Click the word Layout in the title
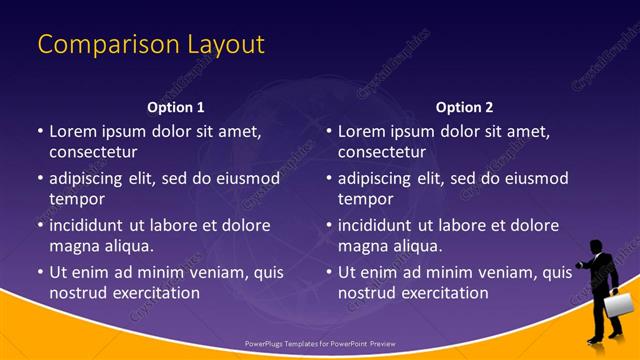pos(225,45)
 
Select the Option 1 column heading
pos(176,107)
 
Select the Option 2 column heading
pos(465,107)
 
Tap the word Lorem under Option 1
pos(74,131)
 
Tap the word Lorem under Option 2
pos(363,131)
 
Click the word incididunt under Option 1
pos(93,225)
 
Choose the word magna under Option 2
pos(362,245)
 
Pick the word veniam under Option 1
pos(208,272)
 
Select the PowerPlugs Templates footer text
pos(320,343)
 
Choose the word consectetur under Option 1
pos(93,152)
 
